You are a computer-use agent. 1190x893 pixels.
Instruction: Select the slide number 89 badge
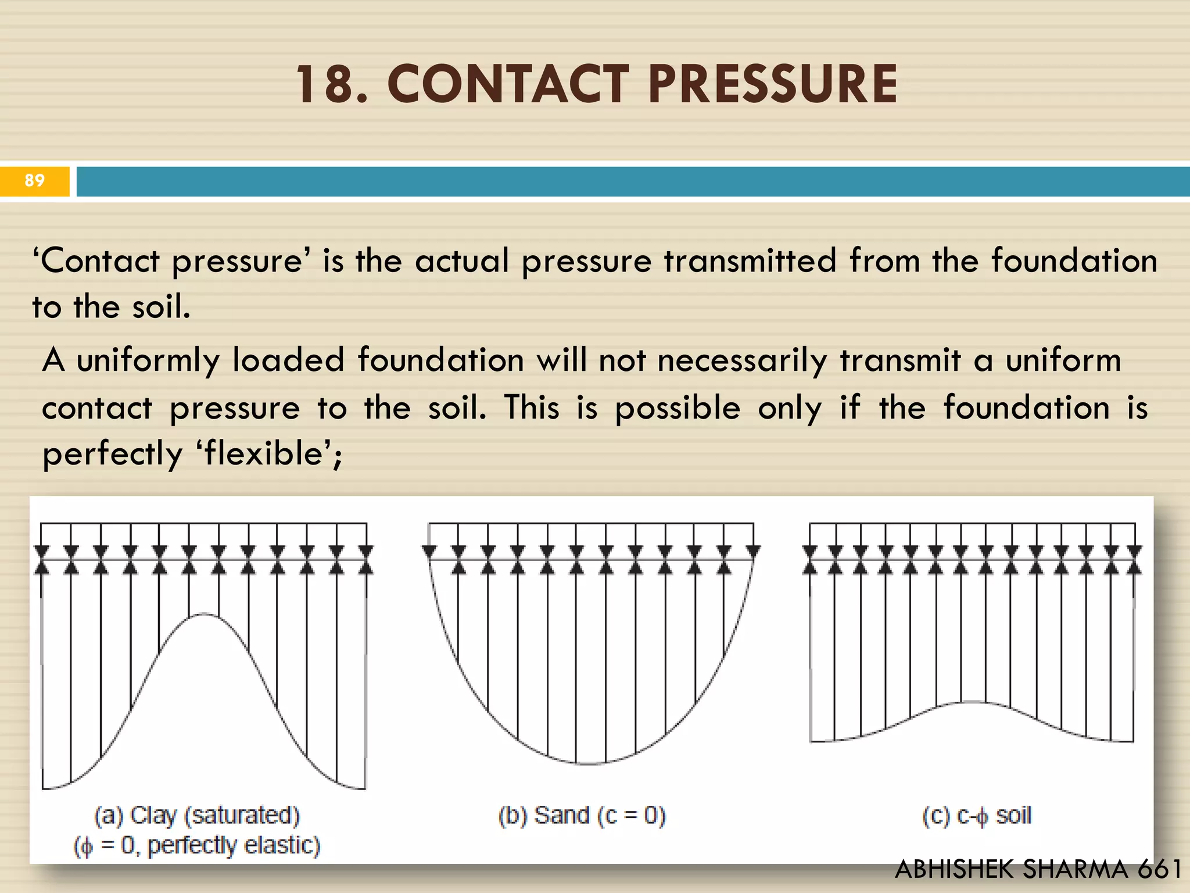click(35, 181)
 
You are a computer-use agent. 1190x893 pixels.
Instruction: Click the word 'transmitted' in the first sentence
click(750, 260)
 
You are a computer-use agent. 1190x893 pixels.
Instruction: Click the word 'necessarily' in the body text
click(742, 360)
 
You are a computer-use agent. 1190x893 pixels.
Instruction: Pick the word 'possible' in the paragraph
click(678, 408)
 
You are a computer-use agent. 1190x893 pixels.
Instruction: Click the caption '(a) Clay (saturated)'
click(197, 816)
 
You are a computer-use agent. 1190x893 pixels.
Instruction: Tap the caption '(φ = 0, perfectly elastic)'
click(197, 845)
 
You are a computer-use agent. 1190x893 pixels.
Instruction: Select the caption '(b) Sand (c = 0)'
click(582, 816)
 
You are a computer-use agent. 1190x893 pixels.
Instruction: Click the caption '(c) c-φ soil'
click(977, 816)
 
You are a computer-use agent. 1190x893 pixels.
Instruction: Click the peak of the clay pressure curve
click(203, 614)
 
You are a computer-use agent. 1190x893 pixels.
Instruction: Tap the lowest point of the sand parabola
click(589, 763)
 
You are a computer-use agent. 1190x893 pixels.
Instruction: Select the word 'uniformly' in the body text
click(148, 360)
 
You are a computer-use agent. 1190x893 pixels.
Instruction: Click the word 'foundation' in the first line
click(1074, 260)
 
